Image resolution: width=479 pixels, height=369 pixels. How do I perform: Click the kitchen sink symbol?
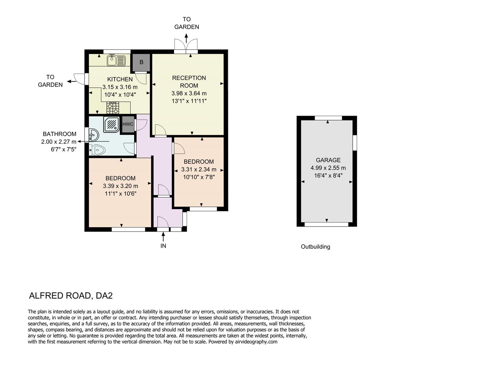116,61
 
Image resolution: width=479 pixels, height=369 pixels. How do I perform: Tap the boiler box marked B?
141,63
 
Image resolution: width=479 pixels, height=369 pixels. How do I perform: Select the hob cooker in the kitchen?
113,108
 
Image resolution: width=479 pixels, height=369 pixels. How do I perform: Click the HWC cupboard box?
128,124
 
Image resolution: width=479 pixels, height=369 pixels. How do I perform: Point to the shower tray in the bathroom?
111,124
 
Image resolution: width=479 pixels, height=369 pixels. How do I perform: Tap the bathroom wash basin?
92,135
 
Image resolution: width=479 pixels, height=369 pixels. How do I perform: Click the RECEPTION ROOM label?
189,82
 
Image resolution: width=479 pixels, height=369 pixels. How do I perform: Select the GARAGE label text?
328,160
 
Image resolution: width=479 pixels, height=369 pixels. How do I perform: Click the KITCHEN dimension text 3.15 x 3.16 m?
120,87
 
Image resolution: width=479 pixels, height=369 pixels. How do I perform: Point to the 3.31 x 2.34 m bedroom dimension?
199,169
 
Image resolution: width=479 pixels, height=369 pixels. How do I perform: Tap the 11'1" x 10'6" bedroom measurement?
120,194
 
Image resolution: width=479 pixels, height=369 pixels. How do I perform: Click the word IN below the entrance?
163,246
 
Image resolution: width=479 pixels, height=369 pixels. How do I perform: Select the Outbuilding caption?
315,247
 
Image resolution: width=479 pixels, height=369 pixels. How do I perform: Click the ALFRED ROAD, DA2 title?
71,296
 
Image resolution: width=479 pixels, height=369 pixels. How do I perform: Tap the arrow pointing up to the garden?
186,38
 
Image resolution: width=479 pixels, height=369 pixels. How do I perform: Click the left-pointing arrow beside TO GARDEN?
71,81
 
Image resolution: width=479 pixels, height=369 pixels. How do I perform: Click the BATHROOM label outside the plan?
59,134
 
